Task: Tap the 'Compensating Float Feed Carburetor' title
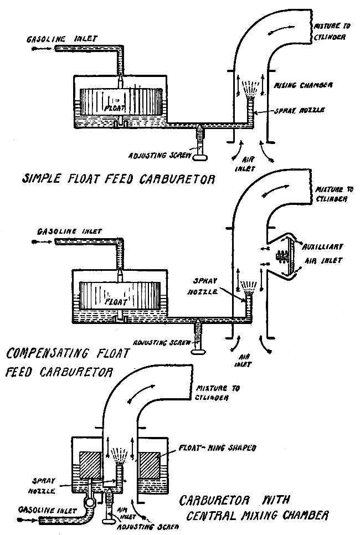tap(68, 362)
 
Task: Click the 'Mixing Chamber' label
tap(304, 85)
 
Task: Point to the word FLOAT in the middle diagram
tap(116, 302)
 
